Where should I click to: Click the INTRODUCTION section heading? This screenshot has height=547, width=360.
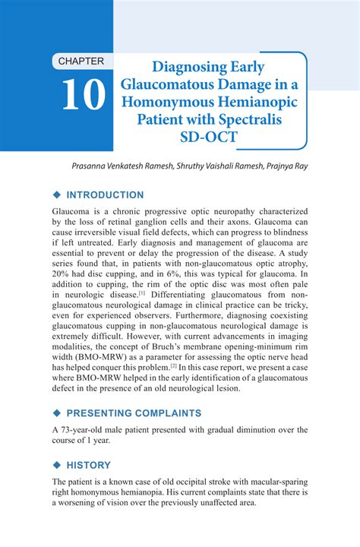tap(105, 195)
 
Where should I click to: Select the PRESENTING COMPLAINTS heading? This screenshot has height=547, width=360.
tap(134, 413)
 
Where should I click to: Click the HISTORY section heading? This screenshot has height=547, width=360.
tap(89, 465)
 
